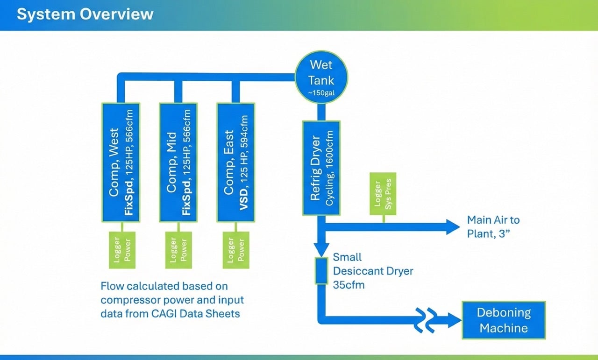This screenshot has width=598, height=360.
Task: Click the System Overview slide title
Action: pyautogui.click(x=85, y=14)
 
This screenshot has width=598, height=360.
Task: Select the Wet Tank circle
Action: pyautogui.click(x=321, y=77)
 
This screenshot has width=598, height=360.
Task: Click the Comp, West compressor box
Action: pyautogui.click(x=121, y=162)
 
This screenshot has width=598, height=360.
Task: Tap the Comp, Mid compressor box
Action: pyautogui.click(x=178, y=162)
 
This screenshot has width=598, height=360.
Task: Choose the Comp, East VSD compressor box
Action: pyautogui.click(x=235, y=162)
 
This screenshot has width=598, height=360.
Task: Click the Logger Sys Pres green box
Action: pyautogui.click(x=383, y=199)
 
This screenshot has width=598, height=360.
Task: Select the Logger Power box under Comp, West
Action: pyautogui.click(x=122, y=250)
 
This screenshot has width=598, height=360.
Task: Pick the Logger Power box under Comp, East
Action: pyautogui.click(x=235, y=250)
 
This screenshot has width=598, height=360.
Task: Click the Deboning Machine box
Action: pyautogui.click(x=504, y=320)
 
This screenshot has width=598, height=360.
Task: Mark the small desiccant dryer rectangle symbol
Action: pyautogui.click(x=321, y=270)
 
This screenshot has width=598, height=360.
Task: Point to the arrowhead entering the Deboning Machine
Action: pyautogui.click(x=454, y=320)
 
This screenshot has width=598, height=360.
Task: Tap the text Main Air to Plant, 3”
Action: pyautogui.click(x=493, y=226)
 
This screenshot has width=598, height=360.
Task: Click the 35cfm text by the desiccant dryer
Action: pyautogui.click(x=349, y=284)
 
